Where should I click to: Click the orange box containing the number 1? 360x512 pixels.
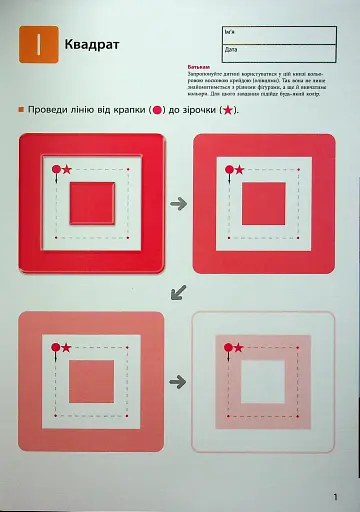click(37, 45)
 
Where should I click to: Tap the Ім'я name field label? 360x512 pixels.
click(231, 32)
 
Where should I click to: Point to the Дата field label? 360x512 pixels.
click(231, 48)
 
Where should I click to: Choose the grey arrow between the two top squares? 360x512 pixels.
click(179, 203)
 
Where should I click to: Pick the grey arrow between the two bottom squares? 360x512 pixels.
click(179, 381)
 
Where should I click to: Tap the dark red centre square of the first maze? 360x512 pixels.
click(91, 203)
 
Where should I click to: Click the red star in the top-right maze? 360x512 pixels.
click(241, 170)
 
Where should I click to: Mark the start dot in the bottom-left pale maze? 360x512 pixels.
click(55, 348)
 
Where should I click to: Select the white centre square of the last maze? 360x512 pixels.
click(263, 381)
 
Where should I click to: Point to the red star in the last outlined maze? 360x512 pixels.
click(241, 347)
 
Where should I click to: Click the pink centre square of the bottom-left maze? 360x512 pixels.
click(91, 381)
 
